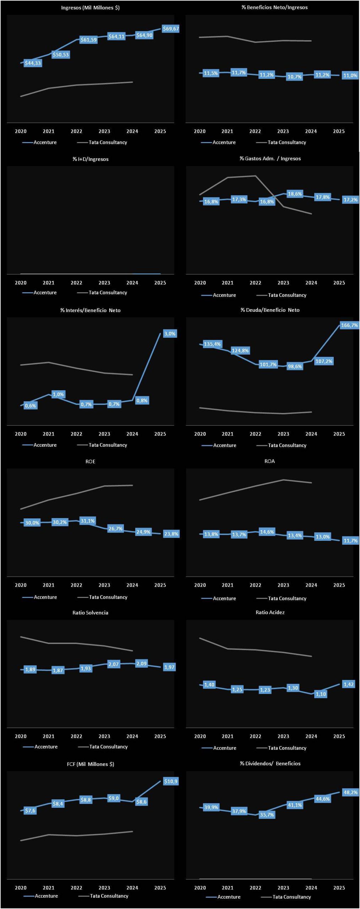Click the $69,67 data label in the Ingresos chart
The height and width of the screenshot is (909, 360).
point(170,29)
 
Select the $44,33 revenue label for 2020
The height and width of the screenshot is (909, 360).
point(33,63)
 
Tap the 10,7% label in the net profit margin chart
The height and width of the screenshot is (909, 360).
point(294,77)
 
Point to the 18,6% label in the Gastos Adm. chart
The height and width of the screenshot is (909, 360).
point(295,194)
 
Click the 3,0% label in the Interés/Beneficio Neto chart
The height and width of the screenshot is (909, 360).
point(170,333)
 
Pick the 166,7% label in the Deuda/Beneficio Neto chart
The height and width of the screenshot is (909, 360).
point(349,325)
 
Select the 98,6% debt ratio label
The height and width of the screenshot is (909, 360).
point(295,366)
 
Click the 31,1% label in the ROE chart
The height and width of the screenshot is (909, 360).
point(87,521)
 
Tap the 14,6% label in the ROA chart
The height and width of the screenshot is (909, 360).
point(267,532)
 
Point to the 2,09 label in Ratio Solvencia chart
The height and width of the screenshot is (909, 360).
point(141,663)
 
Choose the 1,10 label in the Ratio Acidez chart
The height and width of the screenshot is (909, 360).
point(321,694)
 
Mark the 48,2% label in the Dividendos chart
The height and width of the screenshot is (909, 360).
point(350,792)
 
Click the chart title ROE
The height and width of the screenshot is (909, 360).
point(90,462)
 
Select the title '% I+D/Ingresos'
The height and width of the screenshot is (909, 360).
point(91,159)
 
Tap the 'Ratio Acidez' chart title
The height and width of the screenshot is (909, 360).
point(270,612)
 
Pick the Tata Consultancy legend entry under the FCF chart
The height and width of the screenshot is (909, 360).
point(109,896)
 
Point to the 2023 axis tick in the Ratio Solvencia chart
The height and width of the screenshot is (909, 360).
point(104,736)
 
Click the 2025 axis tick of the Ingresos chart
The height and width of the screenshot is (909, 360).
point(160,131)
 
